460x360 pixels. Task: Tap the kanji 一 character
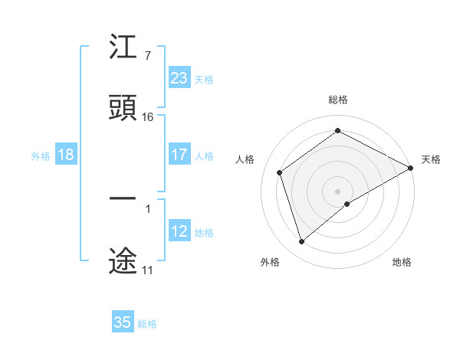coord(123,198)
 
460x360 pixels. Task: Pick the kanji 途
coord(123,260)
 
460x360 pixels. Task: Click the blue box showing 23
coord(179,78)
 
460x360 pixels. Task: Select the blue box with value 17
coord(179,155)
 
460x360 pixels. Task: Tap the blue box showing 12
coord(179,231)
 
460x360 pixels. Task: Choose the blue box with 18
coord(66,155)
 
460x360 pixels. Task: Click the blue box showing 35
coord(123,322)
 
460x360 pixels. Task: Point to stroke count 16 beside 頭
coord(148,117)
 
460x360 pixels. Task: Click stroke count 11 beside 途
coord(147,270)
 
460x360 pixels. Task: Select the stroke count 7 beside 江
coord(147,56)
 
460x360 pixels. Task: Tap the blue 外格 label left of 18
coord(41,155)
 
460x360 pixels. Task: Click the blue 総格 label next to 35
coord(147,324)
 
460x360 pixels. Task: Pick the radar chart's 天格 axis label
coord(431,159)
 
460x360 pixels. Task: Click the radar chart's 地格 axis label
coord(402,262)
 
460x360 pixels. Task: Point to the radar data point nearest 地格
coord(347,204)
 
